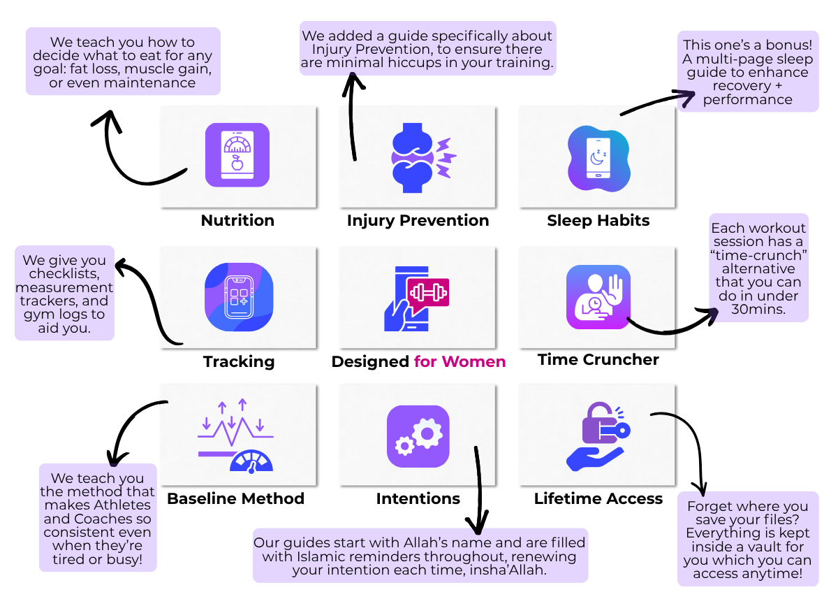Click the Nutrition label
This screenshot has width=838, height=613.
coord(238,221)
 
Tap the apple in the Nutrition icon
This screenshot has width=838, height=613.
coord(237,163)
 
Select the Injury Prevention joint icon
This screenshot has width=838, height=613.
coord(423,158)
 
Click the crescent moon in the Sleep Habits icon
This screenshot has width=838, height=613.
coord(596,159)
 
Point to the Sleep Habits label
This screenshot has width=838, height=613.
coord(598,221)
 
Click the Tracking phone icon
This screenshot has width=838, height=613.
coord(239,297)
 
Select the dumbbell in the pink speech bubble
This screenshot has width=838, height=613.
coord(428,293)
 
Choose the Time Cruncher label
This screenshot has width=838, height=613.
coord(598,359)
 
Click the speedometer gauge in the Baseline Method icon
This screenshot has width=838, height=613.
coord(251,461)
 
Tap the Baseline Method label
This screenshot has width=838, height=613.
coord(236,499)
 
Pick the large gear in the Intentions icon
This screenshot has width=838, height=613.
coord(427,433)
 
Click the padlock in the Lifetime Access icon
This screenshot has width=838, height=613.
coord(600,423)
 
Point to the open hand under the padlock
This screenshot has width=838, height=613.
coord(595,459)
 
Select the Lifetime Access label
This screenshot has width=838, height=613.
coord(598,499)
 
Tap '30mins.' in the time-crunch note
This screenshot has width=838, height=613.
coord(758,310)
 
